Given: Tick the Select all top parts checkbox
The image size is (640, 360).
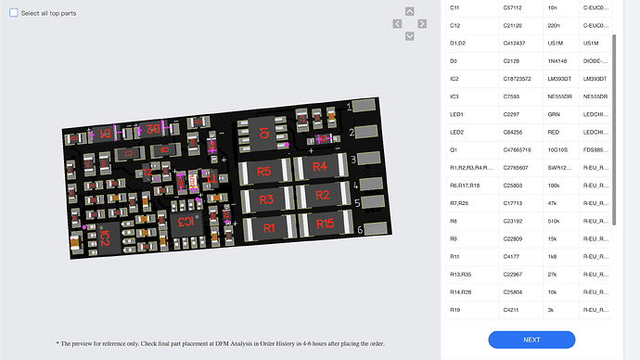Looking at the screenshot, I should tap(14, 14).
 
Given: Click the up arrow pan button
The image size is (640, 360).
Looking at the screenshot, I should tap(409, 13).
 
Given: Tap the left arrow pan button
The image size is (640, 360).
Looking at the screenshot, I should tap(397, 25).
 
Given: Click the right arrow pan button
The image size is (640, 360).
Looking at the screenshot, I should tap(422, 25).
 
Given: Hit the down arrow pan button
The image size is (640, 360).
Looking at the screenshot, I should tap(409, 36).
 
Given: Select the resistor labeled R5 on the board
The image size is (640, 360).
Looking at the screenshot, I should tap(264, 172).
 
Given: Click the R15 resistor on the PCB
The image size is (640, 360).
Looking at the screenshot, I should tap(324, 223).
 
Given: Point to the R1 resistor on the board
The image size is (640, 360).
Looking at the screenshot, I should tap(270, 227).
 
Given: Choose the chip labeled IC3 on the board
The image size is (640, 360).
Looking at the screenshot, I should tap(186, 221).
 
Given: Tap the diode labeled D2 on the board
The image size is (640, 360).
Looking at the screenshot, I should tap(153, 131).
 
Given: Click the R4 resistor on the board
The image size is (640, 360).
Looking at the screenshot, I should tap(320, 167).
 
